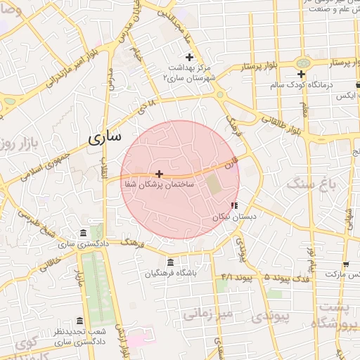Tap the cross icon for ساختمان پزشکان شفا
pyautogui.click(x=160, y=173)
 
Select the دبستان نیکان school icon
pyautogui.click(x=234, y=205)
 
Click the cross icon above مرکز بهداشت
pyautogui.click(x=188, y=57)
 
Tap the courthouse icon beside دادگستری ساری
pyautogui.click(x=84, y=233)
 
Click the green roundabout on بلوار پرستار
pyautogui.click(x=303, y=63)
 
